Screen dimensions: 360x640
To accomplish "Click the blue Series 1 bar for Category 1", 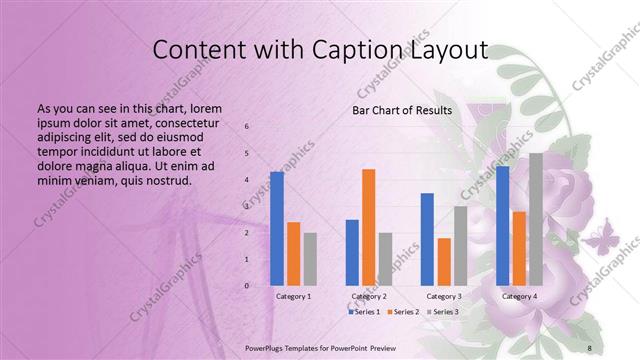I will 277,229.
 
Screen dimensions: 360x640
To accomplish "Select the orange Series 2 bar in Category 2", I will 368,227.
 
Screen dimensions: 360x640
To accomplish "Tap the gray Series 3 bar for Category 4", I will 536,219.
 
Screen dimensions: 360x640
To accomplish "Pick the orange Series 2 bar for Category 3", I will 444,262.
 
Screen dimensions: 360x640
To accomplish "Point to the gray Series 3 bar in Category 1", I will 310,259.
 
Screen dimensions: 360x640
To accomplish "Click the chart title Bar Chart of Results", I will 401,110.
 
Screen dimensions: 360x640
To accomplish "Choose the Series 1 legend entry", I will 364,313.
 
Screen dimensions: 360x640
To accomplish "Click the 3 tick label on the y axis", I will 247,206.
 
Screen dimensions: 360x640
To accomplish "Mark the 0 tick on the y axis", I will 247,286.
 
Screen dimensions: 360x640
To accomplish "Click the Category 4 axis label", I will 519,297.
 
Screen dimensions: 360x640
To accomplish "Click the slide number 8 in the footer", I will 590,347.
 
